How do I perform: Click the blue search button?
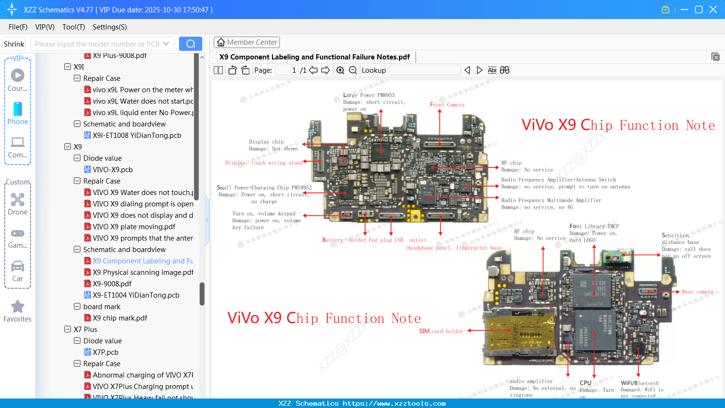(x=190, y=44)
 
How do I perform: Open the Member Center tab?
(x=247, y=42)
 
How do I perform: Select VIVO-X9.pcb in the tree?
(x=112, y=170)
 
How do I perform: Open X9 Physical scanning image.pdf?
(x=143, y=272)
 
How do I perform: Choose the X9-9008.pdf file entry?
(x=112, y=284)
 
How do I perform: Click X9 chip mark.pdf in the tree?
(x=119, y=318)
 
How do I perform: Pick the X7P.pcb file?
(x=105, y=352)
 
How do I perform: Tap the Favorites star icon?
(x=18, y=307)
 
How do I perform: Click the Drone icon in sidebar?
(x=18, y=200)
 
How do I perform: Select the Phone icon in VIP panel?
(x=18, y=109)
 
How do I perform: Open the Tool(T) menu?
(x=73, y=27)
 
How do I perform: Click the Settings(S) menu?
(x=109, y=27)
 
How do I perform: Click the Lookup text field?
(x=425, y=70)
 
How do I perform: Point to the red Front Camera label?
(x=447, y=105)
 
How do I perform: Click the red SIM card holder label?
(x=441, y=331)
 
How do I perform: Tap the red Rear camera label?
(x=697, y=292)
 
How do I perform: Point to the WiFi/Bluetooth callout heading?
(x=640, y=383)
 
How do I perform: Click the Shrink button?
(x=14, y=44)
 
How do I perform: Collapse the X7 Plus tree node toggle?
(x=68, y=329)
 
